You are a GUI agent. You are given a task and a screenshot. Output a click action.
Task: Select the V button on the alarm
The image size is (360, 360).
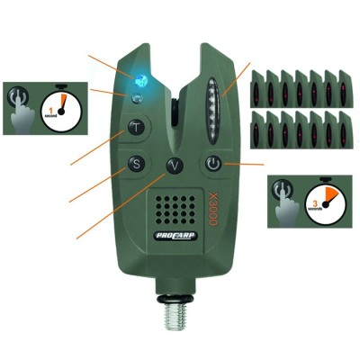coord(175,165)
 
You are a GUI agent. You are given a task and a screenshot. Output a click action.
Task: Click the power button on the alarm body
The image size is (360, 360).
coord(211,164)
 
